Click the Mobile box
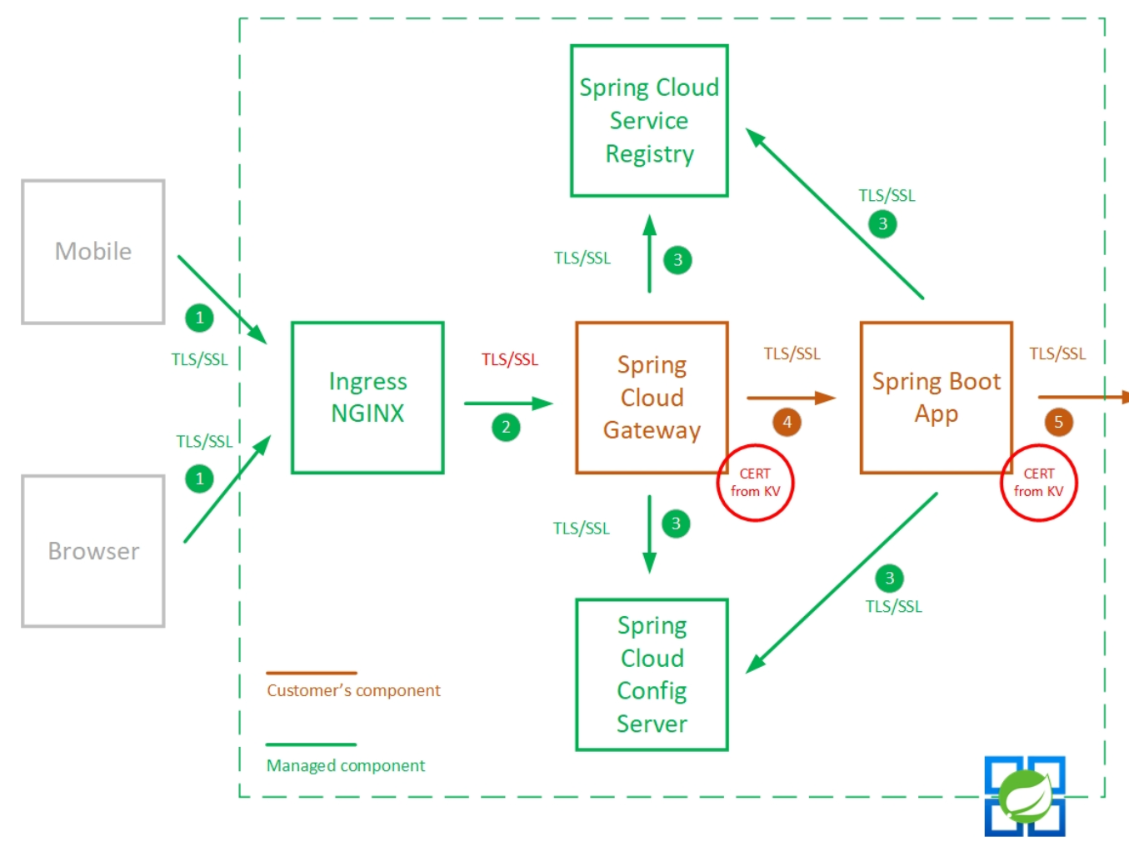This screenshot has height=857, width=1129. (x=93, y=252)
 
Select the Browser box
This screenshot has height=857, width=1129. (x=93, y=551)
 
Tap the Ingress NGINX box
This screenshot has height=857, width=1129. (x=367, y=398)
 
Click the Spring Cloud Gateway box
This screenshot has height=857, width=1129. (x=652, y=398)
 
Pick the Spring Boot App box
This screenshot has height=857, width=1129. (x=936, y=398)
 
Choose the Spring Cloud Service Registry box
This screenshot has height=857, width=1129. (x=649, y=121)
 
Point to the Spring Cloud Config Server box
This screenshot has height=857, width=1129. (x=652, y=674)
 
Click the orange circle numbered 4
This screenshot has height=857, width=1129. (x=787, y=422)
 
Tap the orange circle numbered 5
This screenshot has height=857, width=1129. (x=1058, y=422)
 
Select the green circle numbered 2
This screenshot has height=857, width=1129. (x=506, y=428)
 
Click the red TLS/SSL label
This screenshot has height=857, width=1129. (x=510, y=359)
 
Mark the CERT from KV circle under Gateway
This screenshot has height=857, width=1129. (x=756, y=483)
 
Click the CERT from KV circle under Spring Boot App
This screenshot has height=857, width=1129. (x=1039, y=483)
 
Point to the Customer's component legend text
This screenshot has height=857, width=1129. (x=353, y=690)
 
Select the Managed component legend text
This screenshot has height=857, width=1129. (x=346, y=765)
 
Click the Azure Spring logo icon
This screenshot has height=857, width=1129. (x=1025, y=796)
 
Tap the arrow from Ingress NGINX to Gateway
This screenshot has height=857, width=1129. (x=508, y=403)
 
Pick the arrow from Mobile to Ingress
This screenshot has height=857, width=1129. (x=222, y=299)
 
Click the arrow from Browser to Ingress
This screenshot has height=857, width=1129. (x=227, y=489)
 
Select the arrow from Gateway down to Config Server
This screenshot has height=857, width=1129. (x=650, y=534)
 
